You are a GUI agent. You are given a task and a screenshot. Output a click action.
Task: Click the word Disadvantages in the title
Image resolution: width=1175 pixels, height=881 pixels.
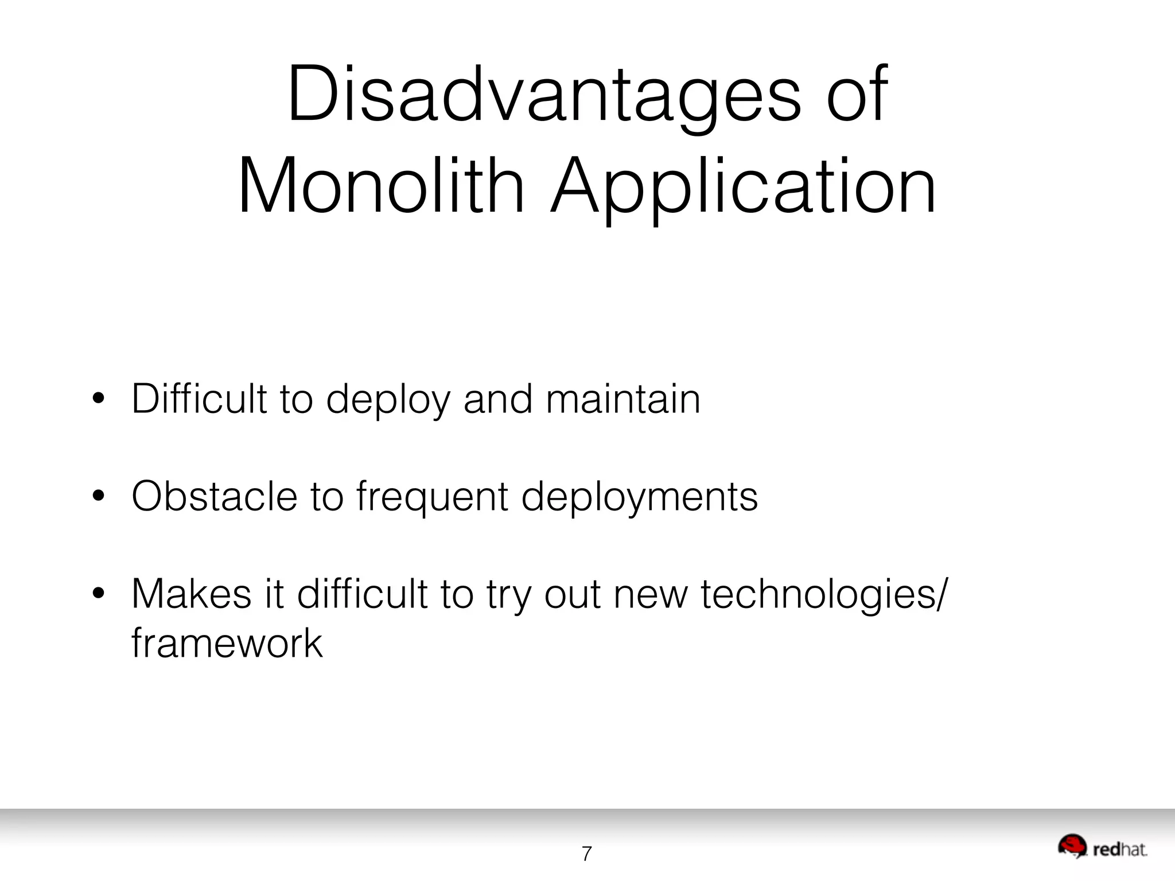coord(544,95)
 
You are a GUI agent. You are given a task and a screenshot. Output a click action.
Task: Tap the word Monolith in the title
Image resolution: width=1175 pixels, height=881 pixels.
coord(381,186)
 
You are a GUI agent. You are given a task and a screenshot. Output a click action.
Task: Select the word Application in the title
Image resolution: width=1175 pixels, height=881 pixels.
coord(743,186)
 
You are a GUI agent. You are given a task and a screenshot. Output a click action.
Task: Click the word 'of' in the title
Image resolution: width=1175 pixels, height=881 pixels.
coord(857,95)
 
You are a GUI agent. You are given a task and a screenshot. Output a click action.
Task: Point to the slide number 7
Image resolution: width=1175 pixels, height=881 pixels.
coord(586,854)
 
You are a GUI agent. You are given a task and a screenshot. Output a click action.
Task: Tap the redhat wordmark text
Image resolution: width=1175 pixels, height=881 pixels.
coord(1119,849)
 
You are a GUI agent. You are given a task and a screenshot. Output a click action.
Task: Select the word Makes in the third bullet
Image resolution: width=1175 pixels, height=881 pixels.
coord(192,594)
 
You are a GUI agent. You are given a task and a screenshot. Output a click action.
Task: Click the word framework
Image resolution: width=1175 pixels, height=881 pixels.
coord(227,643)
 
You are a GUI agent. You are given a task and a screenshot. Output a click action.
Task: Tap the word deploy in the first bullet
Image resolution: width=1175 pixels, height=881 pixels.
coord(388,400)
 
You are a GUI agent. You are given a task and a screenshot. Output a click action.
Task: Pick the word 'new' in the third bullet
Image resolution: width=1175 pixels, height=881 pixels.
coord(650,595)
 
